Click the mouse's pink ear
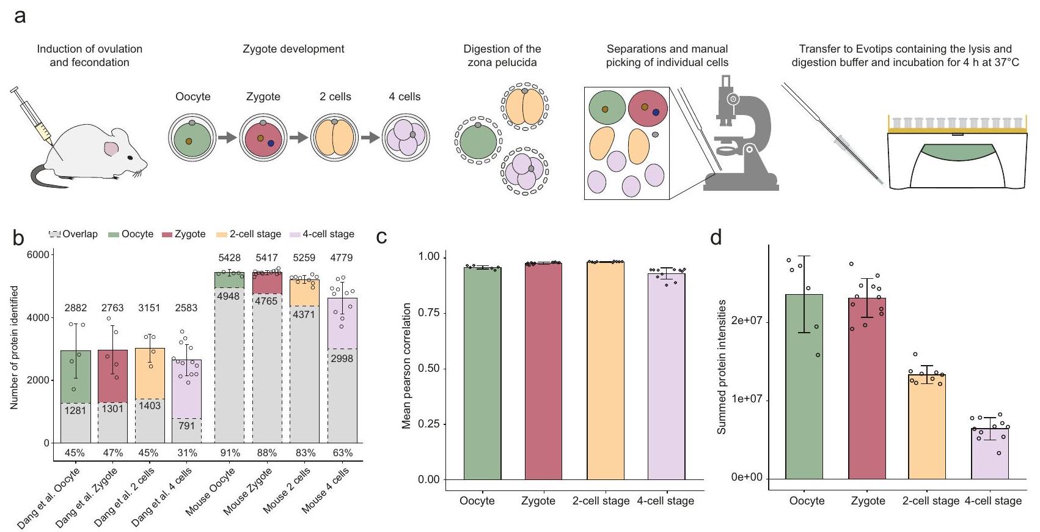tap(111, 147)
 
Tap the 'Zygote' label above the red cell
tap(263, 97)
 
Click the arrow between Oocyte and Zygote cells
tap(227, 138)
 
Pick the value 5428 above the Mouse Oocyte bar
tap(229, 258)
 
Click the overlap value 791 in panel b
tap(186, 426)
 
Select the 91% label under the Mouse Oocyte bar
tap(230, 453)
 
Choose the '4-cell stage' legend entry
tap(323, 234)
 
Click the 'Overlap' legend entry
tap(73, 234)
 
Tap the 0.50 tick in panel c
tap(430, 369)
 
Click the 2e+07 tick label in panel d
tap(747, 320)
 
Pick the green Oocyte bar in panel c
tap(482, 373)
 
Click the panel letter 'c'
tap(382, 237)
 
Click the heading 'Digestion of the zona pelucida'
tap(502, 55)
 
